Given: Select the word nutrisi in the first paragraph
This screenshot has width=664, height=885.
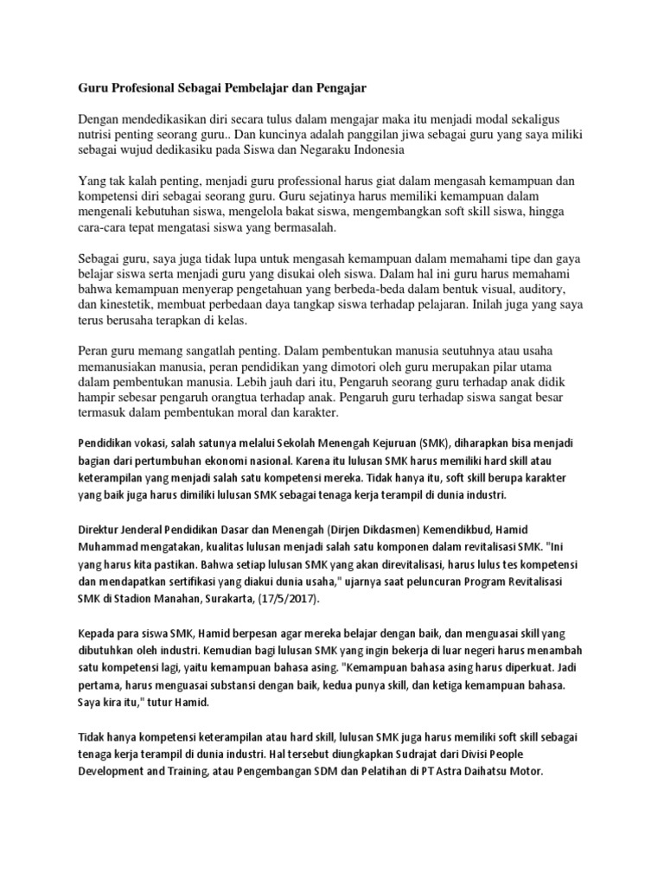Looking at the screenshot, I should pos(99,133).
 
